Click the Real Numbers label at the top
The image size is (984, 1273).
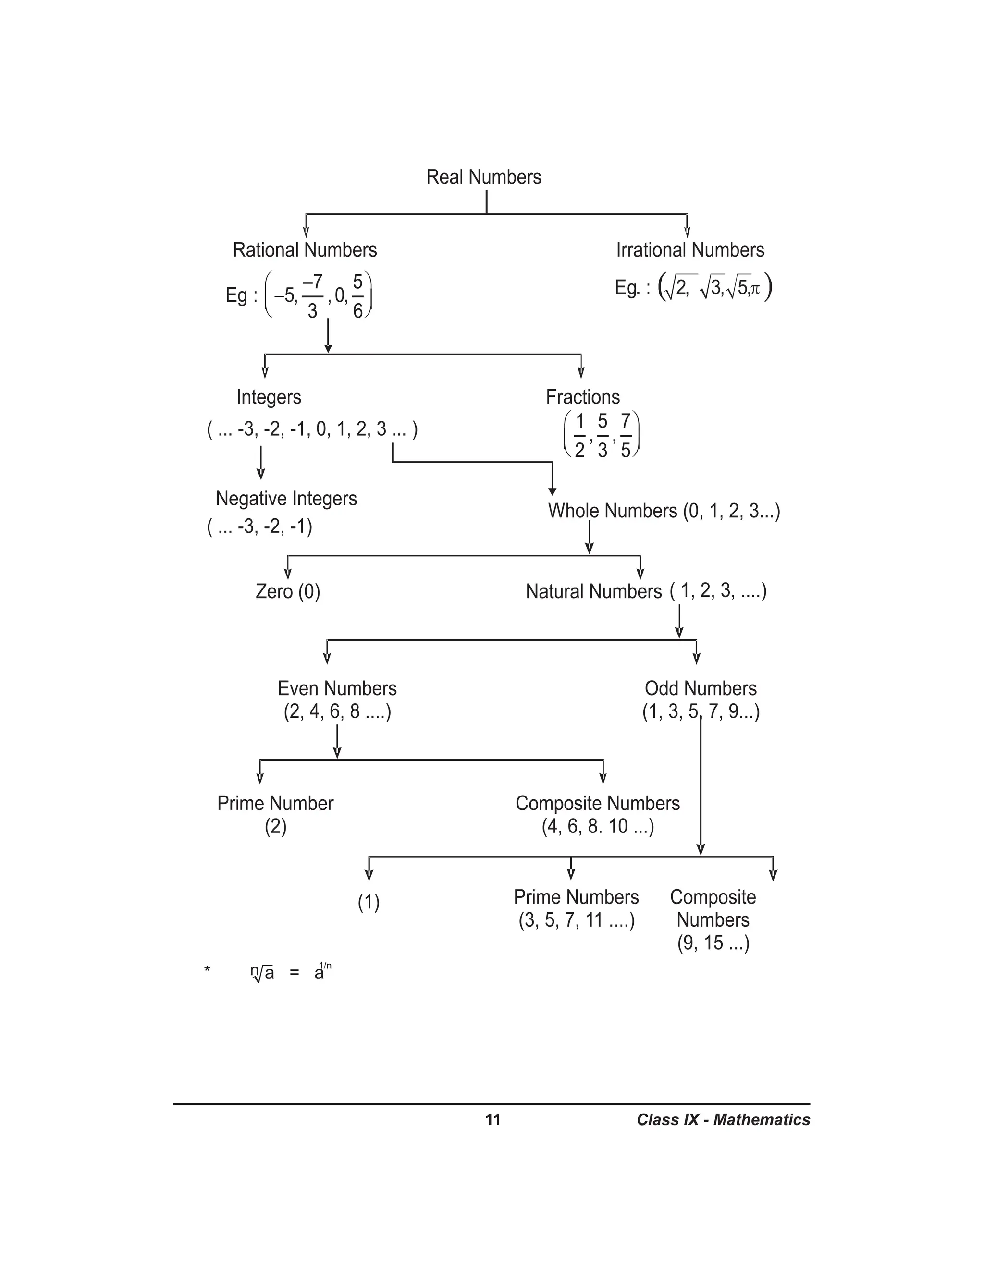pos(483,177)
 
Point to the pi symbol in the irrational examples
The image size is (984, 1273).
pos(755,289)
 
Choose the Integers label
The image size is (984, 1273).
pos(269,397)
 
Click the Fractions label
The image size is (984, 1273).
pos(582,397)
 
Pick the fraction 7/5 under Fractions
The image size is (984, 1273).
pos(626,435)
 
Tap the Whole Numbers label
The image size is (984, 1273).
pos(612,511)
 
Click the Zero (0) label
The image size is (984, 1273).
pos(288,592)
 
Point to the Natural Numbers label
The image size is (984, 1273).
pos(593,592)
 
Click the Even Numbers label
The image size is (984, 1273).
pos(337,688)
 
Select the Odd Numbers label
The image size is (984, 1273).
pos(700,688)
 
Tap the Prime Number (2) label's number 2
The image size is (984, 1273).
pos(276,827)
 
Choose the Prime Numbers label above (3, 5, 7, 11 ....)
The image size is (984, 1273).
pos(576,897)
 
